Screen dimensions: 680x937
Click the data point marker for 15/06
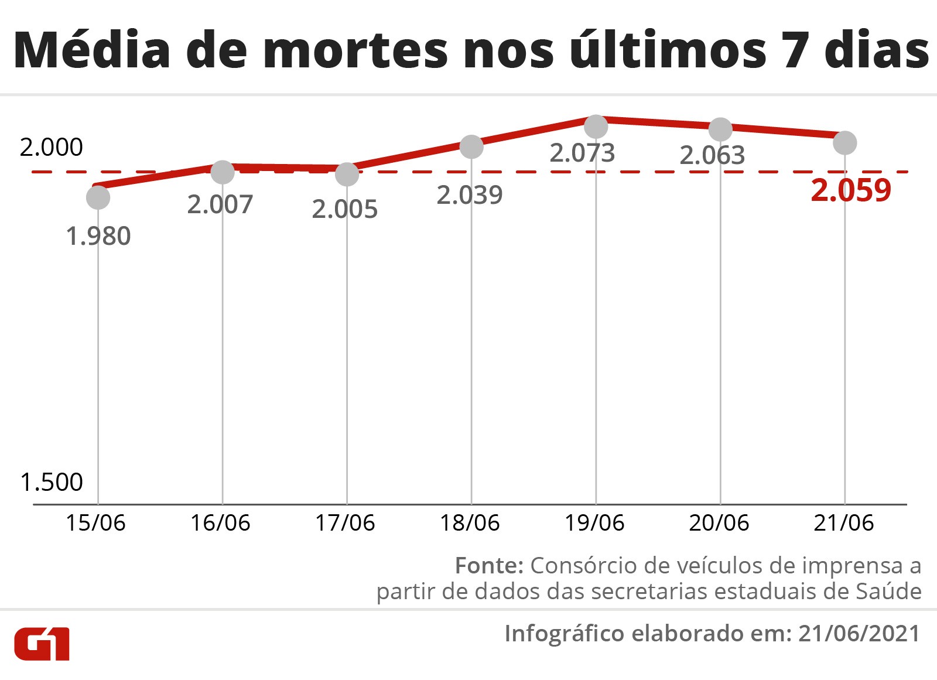(x=98, y=197)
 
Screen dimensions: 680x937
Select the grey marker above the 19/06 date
(x=596, y=127)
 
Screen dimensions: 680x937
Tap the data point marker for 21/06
(x=844, y=142)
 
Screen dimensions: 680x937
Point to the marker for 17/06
(x=347, y=174)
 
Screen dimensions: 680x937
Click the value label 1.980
(x=98, y=236)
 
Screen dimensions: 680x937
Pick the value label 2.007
(x=220, y=204)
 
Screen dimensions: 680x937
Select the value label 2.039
(x=470, y=195)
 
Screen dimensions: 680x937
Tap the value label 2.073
(x=582, y=153)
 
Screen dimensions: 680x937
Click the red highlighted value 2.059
(x=850, y=190)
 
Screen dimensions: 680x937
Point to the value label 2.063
(x=712, y=155)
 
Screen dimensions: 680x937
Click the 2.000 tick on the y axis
(x=52, y=147)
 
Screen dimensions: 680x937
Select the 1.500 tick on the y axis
(x=52, y=482)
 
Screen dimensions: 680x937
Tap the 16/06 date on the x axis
(x=220, y=522)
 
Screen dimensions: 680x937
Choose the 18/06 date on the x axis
(x=470, y=522)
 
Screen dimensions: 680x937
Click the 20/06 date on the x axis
(x=719, y=522)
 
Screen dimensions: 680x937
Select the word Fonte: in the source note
(x=489, y=565)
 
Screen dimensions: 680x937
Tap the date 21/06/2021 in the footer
(x=859, y=633)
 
